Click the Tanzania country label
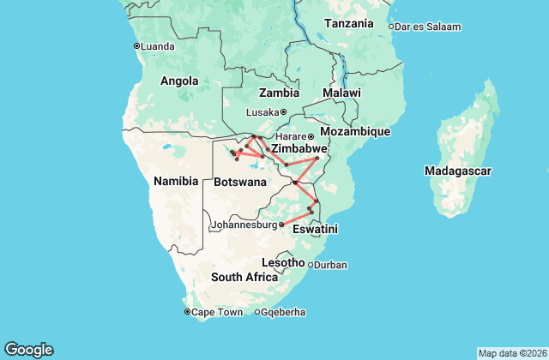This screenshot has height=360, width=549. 348,24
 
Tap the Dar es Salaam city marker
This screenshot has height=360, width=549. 391,27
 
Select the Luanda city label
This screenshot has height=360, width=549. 159,46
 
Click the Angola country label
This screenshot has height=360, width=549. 179,81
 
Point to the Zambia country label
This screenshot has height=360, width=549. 280,93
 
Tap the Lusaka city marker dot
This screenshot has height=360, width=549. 283,112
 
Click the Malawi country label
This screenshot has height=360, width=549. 341,93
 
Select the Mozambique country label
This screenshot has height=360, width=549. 355,132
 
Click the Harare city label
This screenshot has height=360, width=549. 290,136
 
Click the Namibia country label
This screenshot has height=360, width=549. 176,181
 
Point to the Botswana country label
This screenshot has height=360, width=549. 239,182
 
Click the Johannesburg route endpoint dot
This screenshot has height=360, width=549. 281,225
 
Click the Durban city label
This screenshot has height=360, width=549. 330,265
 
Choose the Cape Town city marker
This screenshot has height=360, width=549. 187,312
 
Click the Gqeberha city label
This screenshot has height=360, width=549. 283,312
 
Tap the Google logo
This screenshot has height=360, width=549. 29,349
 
